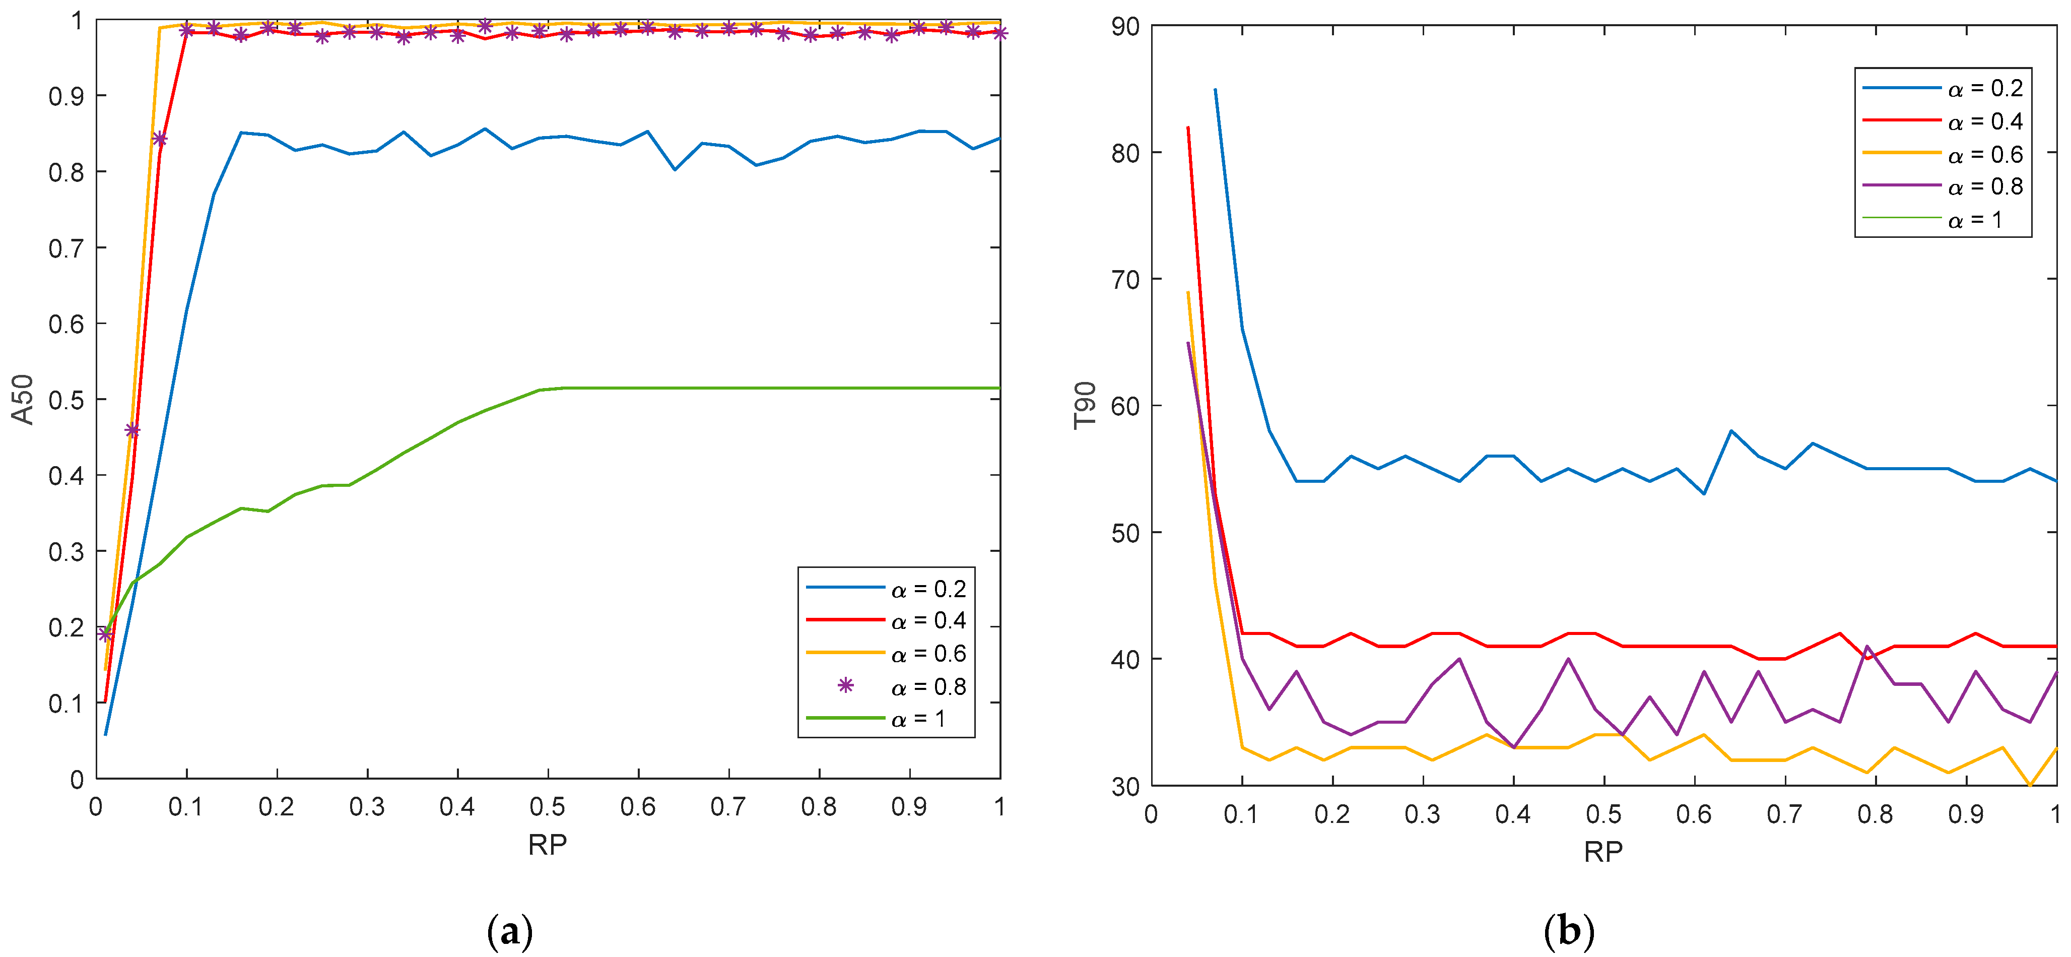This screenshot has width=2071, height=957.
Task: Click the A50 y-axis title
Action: click(x=23, y=399)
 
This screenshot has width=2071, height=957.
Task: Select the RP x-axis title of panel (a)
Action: click(x=548, y=845)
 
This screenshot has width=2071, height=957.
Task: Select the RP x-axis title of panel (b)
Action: click(x=1603, y=851)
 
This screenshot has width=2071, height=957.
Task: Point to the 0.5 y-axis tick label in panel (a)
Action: click(x=66, y=400)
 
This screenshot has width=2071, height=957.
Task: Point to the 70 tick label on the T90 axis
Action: click(x=1125, y=279)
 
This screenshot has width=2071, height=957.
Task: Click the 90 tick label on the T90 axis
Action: click(x=1125, y=27)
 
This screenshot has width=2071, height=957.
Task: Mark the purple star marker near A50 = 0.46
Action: click(x=132, y=430)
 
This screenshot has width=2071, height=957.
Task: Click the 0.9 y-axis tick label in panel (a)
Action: click(x=66, y=96)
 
